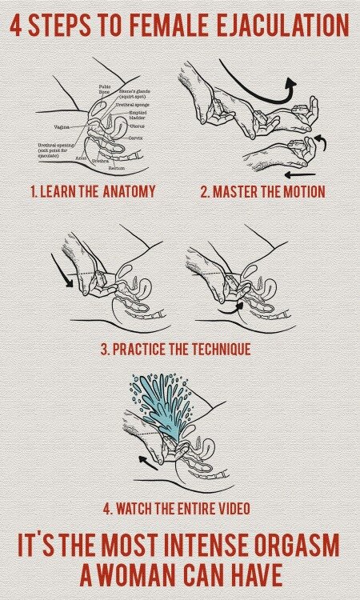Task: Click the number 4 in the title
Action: tap(17, 26)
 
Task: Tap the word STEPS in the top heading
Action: tap(61, 26)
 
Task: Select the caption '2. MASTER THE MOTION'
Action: tap(262, 191)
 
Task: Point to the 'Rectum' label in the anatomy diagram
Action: tap(118, 168)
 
